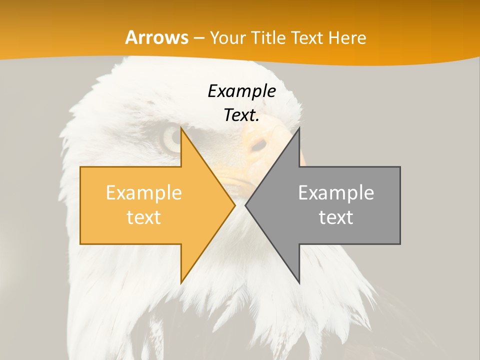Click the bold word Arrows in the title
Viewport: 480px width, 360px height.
tap(157, 37)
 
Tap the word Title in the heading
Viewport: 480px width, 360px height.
tap(268, 38)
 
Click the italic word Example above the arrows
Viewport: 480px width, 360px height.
tap(241, 91)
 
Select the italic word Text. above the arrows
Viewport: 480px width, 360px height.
tap(241, 115)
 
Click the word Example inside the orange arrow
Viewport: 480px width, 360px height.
tap(143, 193)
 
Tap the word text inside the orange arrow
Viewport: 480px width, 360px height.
tap(143, 217)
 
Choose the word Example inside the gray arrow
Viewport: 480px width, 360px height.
tap(336, 193)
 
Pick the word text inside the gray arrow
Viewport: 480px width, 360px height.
tap(336, 217)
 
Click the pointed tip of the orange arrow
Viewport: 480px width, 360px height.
tap(235, 205)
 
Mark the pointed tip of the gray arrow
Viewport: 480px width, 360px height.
tap(245, 205)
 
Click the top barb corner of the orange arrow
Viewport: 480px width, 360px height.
tap(181, 128)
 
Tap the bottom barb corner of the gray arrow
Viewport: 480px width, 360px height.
tap(299, 283)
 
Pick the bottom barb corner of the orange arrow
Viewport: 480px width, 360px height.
tap(181, 283)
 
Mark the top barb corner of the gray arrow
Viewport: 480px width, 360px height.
tap(299, 128)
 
